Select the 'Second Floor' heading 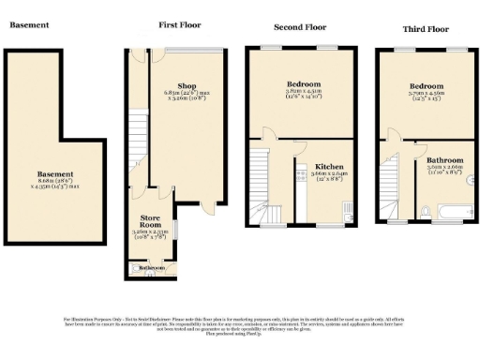pyautogui.click(x=300, y=27)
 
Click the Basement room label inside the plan pyautogui.click(x=55, y=173)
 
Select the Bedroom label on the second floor pyautogui.click(x=303, y=84)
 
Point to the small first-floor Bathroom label pyautogui.click(x=151, y=268)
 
